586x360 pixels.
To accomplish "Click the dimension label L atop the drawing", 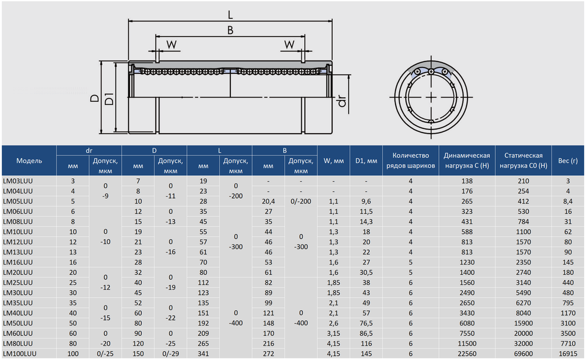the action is point(230,15).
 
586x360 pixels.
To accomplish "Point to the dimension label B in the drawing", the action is point(230,30).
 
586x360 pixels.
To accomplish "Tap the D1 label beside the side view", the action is point(109,99).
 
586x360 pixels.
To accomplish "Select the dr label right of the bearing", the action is point(342,101).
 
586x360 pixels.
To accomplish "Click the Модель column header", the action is point(29,161).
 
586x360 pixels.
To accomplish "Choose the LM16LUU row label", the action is point(18,262).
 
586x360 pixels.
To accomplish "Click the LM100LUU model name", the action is point(19,354).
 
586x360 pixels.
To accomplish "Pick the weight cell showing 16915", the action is point(568,354).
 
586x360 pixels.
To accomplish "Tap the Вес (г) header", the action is point(568,161).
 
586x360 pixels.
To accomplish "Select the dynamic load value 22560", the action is point(467,354).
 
